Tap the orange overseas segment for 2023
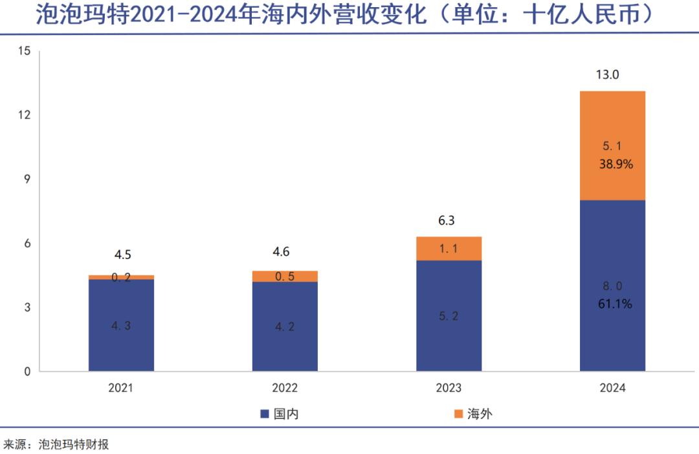[x=449, y=248]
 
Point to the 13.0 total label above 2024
[x=608, y=74]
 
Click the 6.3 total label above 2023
[x=447, y=220]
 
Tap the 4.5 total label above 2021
[x=123, y=254]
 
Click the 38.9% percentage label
[x=616, y=165]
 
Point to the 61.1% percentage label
[x=615, y=302]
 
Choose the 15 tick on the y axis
[x=25, y=51]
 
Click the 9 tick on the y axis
[x=27, y=179]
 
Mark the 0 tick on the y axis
[x=27, y=372]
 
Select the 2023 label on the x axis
[x=449, y=388]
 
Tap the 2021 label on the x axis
[x=121, y=388]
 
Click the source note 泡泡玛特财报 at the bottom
[x=73, y=444]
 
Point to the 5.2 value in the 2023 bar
[x=449, y=317]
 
